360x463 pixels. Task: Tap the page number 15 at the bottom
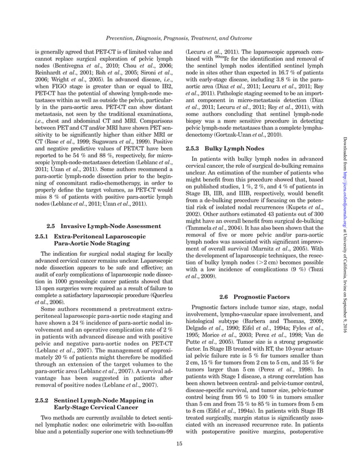click(x=179, y=444)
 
